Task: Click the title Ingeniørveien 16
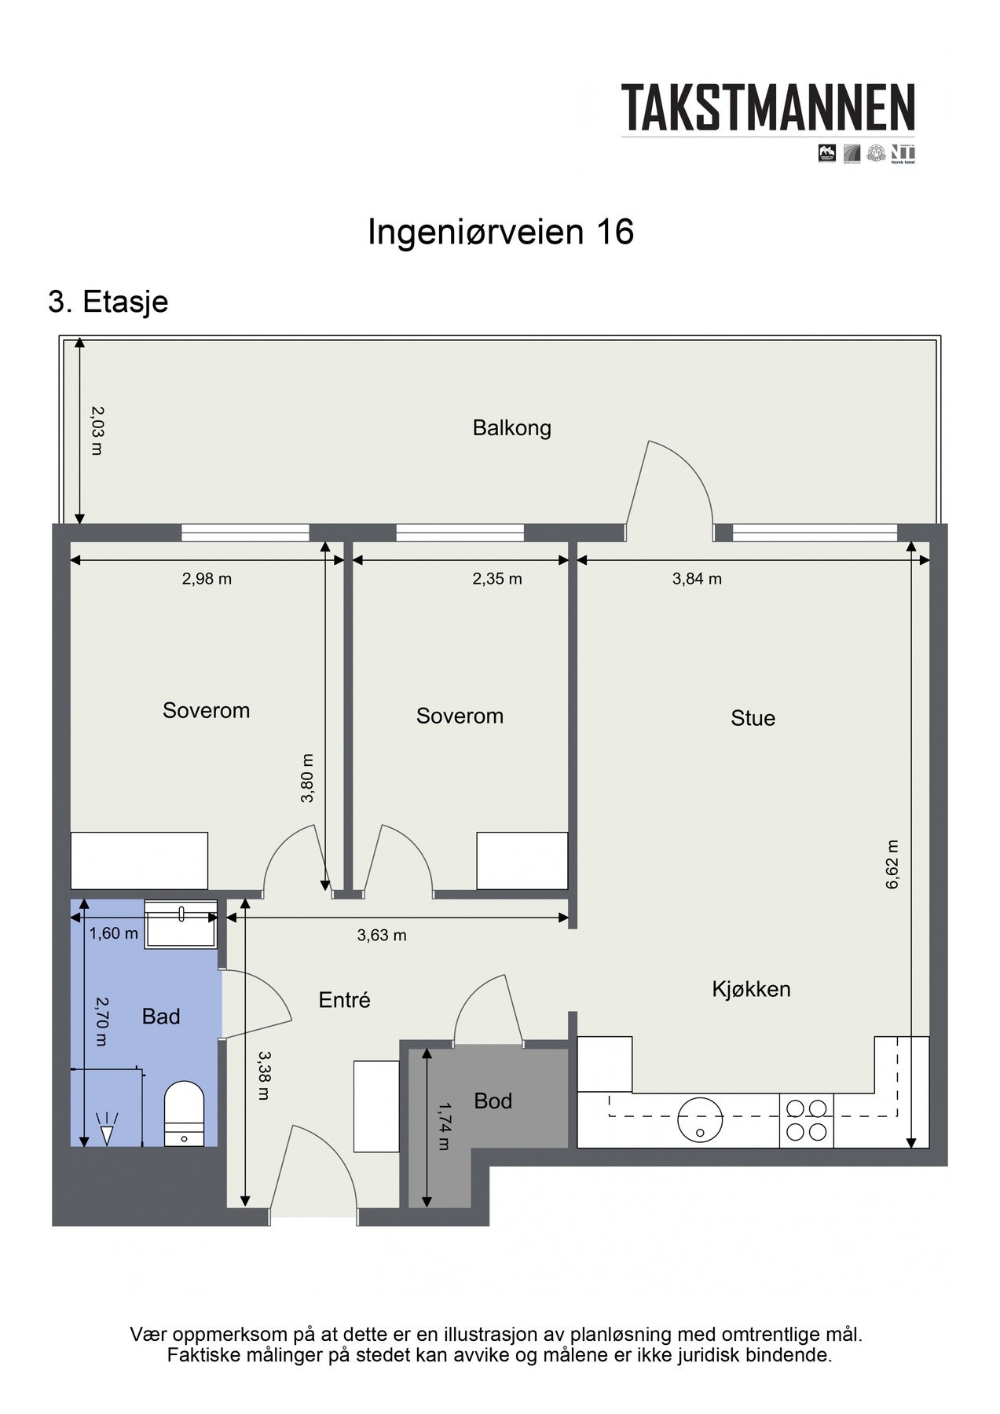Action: click(500, 233)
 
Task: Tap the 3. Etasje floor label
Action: click(108, 302)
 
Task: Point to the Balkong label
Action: click(511, 428)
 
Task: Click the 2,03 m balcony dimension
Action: click(97, 430)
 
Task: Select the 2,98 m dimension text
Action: click(207, 579)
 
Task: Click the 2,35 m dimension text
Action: click(496, 579)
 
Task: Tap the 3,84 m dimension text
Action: click(697, 579)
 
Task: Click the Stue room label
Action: click(753, 718)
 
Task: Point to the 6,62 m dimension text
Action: click(892, 864)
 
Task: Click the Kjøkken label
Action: click(751, 989)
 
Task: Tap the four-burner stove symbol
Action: click(807, 1120)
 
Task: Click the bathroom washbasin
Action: click(181, 925)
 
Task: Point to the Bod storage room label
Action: click(493, 1101)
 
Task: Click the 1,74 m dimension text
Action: click(444, 1126)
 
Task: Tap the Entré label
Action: click(344, 1000)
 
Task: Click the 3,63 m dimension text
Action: click(382, 935)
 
